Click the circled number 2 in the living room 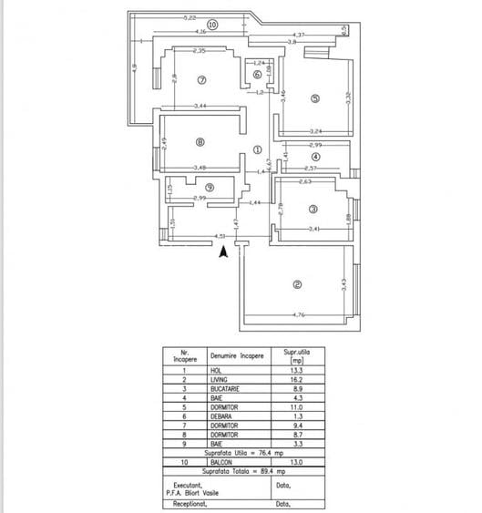coord(297,284)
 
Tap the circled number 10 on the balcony coord(211,26)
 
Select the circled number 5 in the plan coord(314,98)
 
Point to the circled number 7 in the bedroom coord(202,79)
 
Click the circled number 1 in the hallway coord(257,150)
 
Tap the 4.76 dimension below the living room coord(297,315)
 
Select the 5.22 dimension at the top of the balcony coord(190,17)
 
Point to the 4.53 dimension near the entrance coord(220,236)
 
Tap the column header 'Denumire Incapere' coord(237,356)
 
